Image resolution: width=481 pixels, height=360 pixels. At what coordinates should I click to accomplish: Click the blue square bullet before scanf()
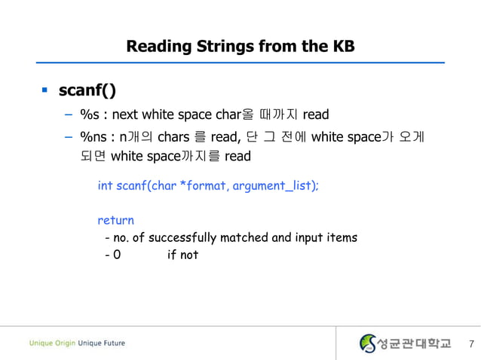[x=44, y=91]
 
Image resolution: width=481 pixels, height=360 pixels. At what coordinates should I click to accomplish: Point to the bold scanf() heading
[x=87, y=91]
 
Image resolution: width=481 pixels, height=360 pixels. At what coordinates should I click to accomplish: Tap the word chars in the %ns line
[x=173, y=137]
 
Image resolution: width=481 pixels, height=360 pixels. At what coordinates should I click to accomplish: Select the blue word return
[x=115, y=221]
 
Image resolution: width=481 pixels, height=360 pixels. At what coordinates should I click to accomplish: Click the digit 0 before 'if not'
[x=116, y=255]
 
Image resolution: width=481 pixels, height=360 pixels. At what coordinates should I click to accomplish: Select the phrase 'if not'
[x=182, y=255]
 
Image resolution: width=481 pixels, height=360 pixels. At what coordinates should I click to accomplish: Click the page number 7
[x=471, y=344]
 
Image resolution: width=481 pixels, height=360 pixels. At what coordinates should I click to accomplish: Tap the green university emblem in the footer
[x=367, y=343]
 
